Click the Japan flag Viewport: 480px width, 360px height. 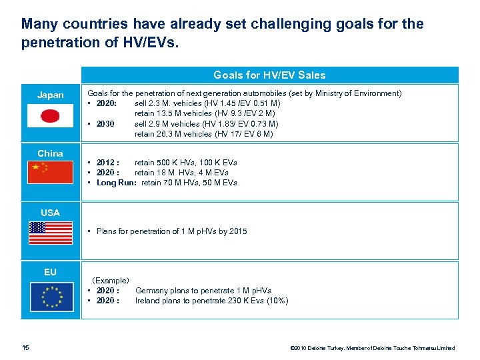coord(51,115)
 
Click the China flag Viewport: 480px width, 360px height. coord(51,172)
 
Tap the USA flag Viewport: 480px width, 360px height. coord(51,233)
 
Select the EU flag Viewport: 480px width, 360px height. coord(51,297)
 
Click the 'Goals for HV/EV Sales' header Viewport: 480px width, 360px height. coord(269,75)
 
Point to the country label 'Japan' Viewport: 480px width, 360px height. coord(51,95)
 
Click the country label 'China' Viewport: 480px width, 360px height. coord(51,153)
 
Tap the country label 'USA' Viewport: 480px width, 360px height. coord(51,213)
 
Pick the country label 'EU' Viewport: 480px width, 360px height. coord(51,272)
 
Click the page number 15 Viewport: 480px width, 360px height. coord(25,347)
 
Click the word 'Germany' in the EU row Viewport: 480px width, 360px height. coord(152,291)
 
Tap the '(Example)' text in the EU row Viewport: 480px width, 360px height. coord(111,281)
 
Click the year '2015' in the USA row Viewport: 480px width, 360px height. coord(237,231)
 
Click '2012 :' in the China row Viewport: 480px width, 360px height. coord(108,163)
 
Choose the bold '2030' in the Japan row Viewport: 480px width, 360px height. coord(105,124)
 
